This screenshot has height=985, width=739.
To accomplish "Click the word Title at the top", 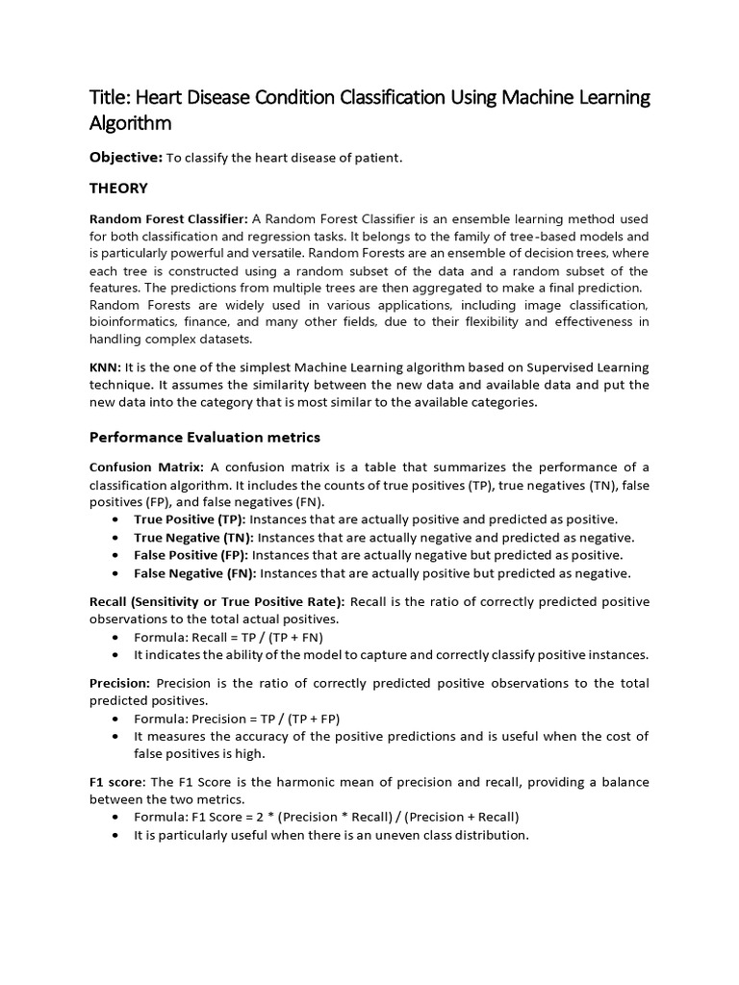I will [109, 98].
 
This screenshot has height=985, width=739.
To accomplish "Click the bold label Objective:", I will [126, 157].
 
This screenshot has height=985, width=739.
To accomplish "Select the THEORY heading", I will [118, 189].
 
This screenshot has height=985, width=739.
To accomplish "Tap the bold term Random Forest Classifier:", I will [169, 219].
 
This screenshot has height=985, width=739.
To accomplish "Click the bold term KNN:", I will [107, 367].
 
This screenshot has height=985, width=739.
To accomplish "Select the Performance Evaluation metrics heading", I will [204, 437].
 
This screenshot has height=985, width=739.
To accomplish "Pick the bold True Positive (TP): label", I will [190, 520].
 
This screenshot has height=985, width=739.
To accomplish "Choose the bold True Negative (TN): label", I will [193, 538].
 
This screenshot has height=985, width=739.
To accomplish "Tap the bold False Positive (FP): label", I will [191, 555].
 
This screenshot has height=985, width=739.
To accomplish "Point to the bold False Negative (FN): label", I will [194, 573].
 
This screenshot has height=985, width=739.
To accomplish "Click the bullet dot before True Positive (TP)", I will [115, 520].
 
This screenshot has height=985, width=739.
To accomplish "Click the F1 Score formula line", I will [326, 817].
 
